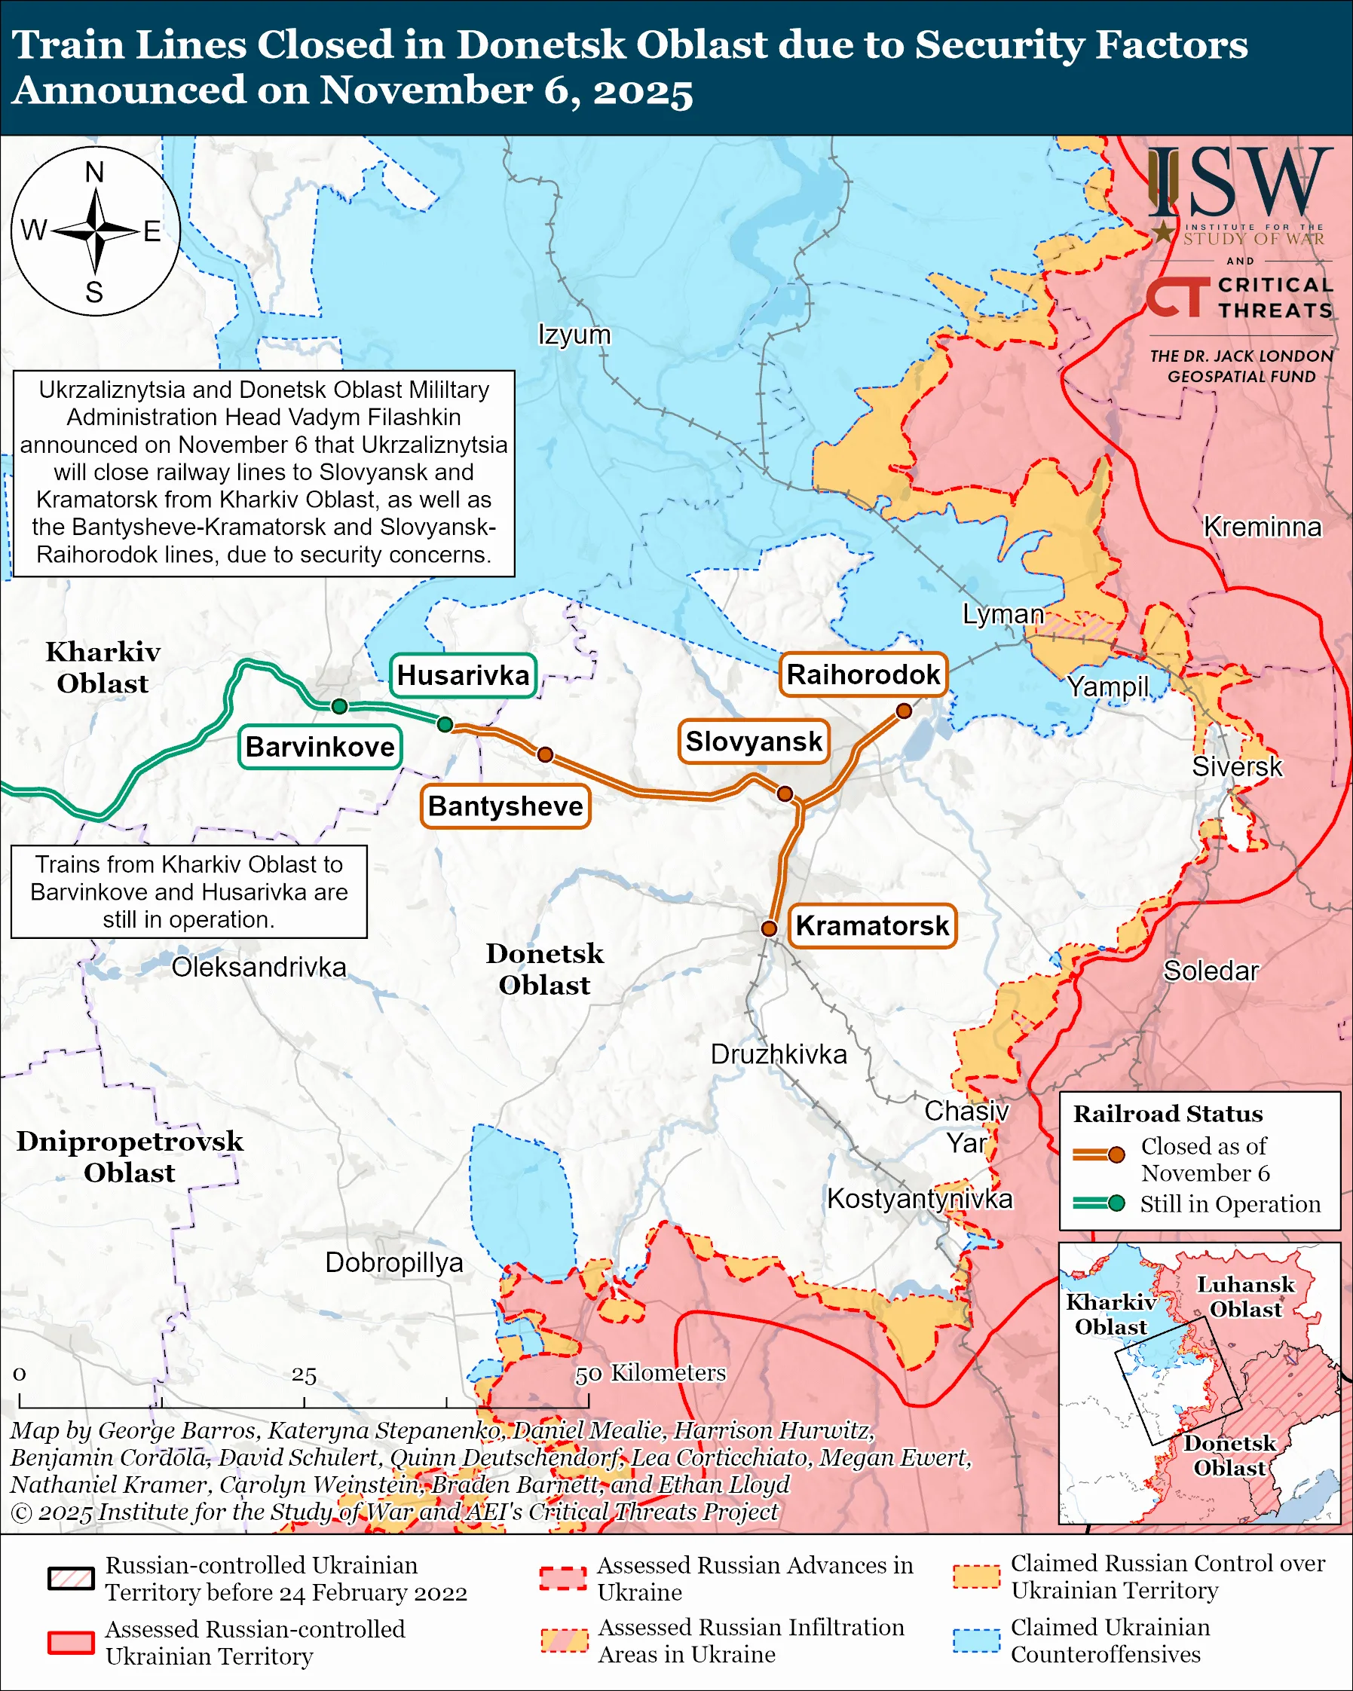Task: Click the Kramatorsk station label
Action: point(871,925)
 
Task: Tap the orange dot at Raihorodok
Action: point(904,711)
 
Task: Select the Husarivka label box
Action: point(463,675)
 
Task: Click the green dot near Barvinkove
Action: point(339,707)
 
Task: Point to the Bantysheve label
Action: point(505,806)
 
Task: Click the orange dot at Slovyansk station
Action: point(785,794)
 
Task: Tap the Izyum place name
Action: point(574,334)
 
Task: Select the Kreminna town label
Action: point(1262,526)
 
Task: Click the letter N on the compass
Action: point(94,172)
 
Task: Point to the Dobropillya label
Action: point(393,1262)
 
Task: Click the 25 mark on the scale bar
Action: point(305,1376)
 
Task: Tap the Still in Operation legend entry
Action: point(1229,1203)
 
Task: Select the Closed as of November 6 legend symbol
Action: point(1098,1154)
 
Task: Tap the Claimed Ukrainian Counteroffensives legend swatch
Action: point(977,1640)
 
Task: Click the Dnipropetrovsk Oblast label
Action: point(130,1156)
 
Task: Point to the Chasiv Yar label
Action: point(966,1127)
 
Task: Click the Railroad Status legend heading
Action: point(1167,1114)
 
